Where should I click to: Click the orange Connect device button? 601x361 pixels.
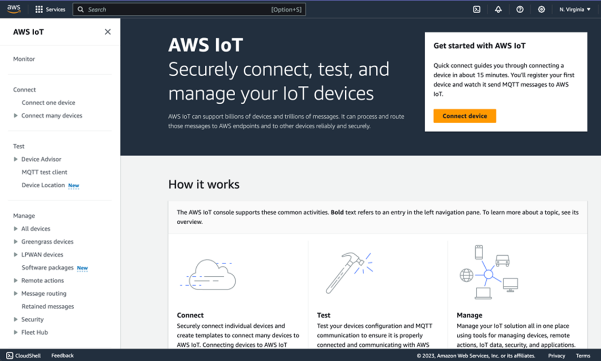464,116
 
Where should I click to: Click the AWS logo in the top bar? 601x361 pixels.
14,9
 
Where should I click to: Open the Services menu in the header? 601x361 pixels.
50,9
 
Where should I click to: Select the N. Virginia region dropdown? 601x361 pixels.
575,9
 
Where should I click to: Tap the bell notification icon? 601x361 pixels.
498,9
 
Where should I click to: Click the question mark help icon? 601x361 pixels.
519,9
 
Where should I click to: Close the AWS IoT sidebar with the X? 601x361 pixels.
107,32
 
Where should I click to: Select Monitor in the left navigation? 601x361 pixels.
24,59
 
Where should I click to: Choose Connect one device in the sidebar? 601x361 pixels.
48,103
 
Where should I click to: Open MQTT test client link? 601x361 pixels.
44,172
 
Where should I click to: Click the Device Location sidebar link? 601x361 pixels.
43,185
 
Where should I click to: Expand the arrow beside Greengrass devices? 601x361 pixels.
16,242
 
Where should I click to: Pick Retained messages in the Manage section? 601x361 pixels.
48,306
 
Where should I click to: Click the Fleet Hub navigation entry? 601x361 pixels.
34,332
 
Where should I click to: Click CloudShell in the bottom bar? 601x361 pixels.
24,356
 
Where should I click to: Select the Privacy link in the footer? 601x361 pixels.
556,356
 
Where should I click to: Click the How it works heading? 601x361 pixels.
204,184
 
